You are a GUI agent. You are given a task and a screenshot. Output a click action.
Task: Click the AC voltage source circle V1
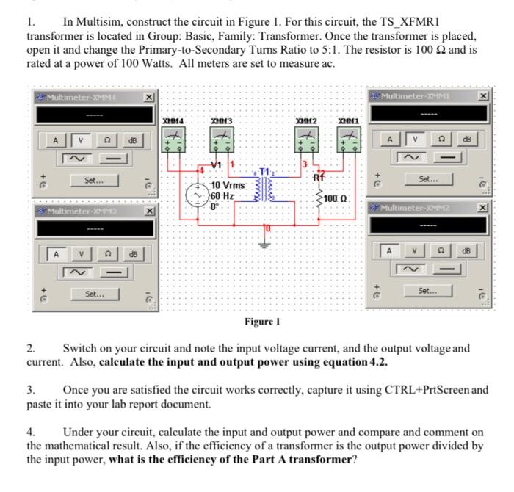[x=199, y=195]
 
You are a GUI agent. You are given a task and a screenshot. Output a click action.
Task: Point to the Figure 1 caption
[x=262, y=322]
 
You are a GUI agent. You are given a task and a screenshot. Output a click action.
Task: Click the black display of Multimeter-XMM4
[x=89, y=114]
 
